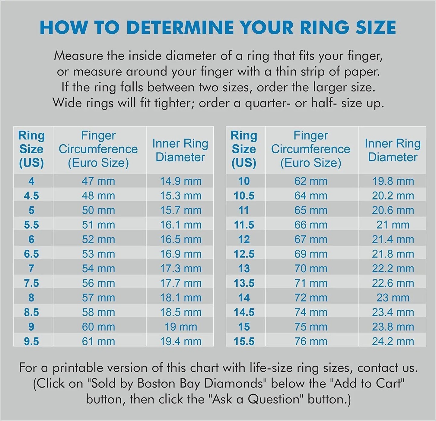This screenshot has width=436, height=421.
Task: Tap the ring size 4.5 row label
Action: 31,196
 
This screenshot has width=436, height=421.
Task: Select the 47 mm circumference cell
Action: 98,181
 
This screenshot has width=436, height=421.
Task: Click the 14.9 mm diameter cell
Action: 181,181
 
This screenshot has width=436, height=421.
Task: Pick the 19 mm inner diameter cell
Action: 181,327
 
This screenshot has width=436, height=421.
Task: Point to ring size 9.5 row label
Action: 31,341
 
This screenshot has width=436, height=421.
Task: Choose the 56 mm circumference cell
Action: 98,283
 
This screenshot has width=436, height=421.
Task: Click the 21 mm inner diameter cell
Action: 393,225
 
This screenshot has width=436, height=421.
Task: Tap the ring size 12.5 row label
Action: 244,254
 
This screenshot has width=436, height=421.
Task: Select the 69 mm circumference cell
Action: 311,254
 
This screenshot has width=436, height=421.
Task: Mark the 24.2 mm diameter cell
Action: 393,341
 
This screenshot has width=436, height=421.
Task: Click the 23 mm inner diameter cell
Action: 393,298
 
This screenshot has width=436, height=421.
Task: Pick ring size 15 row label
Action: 244,327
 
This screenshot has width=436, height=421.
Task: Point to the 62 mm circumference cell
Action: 311,181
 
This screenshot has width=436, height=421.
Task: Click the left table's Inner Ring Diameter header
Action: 180,150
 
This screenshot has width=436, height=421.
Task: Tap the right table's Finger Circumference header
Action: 311,149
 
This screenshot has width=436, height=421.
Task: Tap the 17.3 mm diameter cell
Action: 181,268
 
